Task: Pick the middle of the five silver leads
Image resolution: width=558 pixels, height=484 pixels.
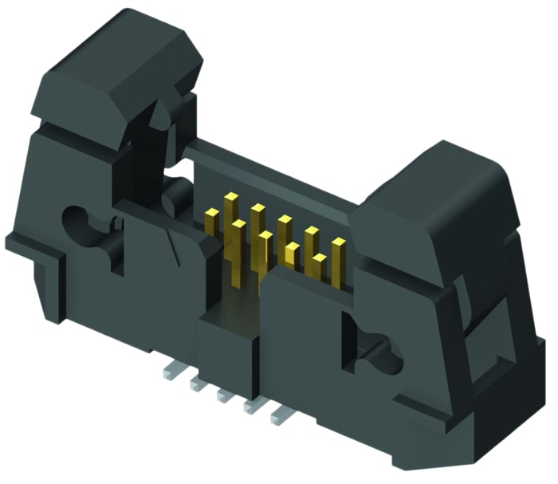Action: click(224, 393)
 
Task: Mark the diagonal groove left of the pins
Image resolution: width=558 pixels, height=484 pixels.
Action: click(172, 239)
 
